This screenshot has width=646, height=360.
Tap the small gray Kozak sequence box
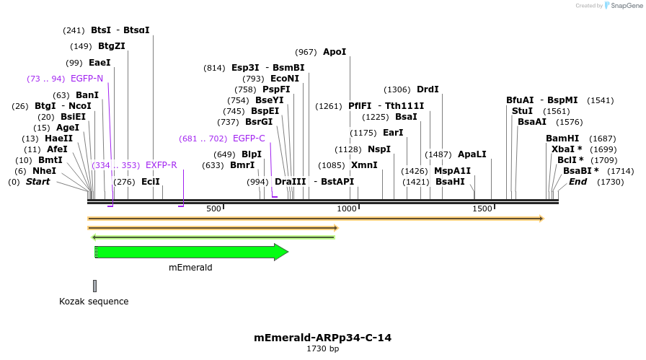tap(94, 286)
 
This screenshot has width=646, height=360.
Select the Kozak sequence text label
tap(94, 302)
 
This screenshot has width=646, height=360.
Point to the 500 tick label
tap(214, 208)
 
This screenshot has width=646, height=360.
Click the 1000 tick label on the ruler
tap(348, 208)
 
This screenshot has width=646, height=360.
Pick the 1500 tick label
tap(482, 208)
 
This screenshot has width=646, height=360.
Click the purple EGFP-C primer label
tap(249, 139)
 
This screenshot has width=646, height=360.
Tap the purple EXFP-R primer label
tap(161, 165)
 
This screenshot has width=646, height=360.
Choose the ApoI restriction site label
tap(335, 52)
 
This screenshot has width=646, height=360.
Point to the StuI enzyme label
tap(522, 111)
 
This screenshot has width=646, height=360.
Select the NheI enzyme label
tap(44, 171)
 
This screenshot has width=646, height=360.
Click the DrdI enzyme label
tap(428, 89)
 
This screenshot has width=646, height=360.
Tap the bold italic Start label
tap(38, 182)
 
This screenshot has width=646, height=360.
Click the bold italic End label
tap(578, 182)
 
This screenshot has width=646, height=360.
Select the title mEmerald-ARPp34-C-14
tap(322, 338)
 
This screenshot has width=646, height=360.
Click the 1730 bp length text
tap(322, 349)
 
